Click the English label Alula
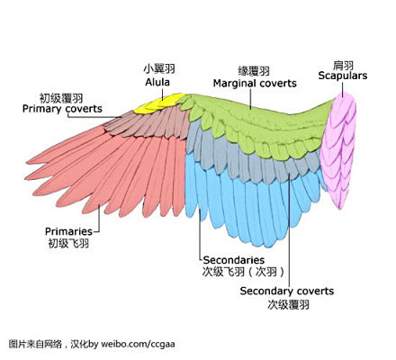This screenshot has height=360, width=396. [157, 82]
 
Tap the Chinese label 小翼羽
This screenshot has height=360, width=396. [159, 68]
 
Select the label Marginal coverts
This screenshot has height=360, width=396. [255, 84]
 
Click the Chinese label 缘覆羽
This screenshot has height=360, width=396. [254, 71]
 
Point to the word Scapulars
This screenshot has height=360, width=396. [343, 76]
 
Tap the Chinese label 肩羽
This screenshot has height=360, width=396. [343, 65]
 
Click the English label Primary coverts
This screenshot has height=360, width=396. [62, 109]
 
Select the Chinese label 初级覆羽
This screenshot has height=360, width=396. [61, 98]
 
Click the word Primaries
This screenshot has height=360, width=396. [68, 231]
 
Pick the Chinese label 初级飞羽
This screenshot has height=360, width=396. [68, 243]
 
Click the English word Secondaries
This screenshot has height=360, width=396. [234, 259]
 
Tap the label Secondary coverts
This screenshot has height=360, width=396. [287, 291]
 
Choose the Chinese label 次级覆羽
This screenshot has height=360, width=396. [288, 304]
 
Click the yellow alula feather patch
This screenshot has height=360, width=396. [159, 104]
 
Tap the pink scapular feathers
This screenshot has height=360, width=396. [338, 150]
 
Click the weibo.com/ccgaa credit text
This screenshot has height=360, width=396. [138, 344]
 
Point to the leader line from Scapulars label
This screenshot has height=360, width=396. [342, 89]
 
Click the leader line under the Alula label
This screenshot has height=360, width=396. [163, 94]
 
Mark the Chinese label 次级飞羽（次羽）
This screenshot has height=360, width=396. [243, 272]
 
